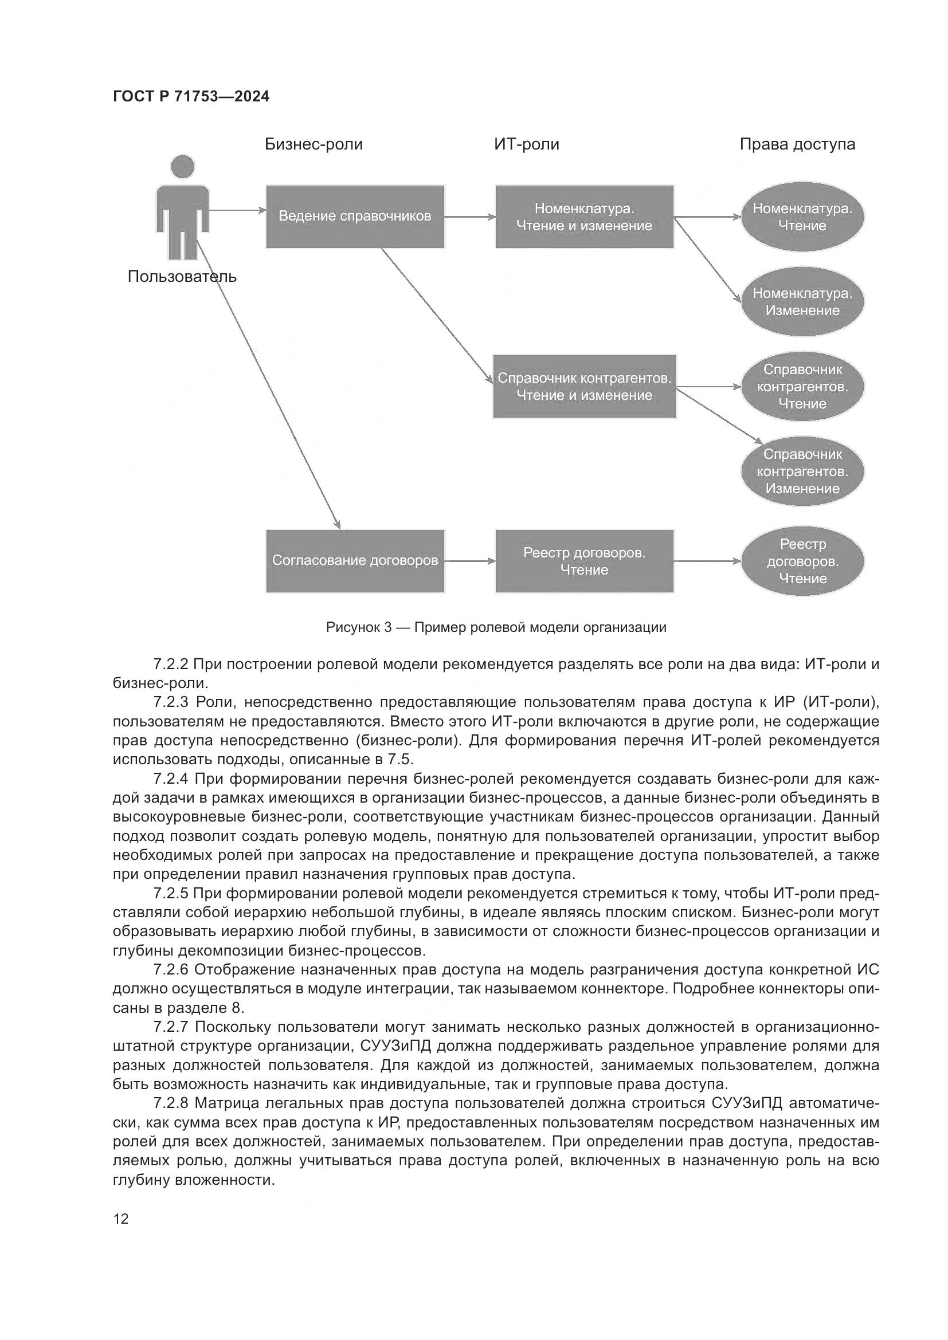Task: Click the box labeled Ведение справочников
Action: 355,217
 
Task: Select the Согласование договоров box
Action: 355,561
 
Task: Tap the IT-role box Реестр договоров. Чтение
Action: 584,561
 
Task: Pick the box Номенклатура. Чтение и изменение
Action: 584,217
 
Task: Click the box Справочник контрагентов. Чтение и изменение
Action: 584,386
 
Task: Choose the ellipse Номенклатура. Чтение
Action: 802,217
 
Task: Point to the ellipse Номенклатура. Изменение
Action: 802,302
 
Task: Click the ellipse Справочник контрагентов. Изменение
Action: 802,471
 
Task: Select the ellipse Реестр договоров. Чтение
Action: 802,561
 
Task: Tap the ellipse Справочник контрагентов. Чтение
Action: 802,386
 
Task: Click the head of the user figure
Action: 182,167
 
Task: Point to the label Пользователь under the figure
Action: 182,276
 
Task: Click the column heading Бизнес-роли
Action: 314,144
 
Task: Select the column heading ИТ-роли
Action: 527,144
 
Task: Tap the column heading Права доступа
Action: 797,144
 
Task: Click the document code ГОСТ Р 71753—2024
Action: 191,96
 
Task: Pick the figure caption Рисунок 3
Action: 496,627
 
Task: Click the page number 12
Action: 121,1219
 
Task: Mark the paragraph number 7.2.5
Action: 171,894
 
